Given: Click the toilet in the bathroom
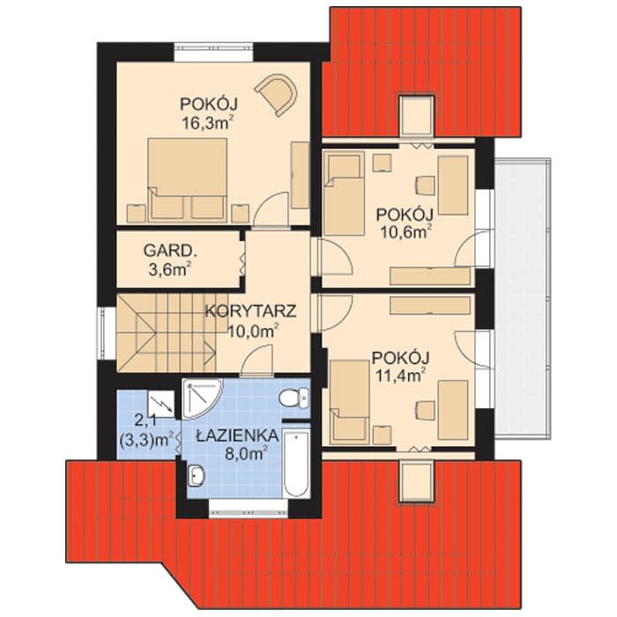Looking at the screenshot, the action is [x=294, y=397].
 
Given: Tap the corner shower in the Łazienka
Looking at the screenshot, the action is [x=202, y=398].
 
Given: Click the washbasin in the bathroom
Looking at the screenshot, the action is [x=197, y=475].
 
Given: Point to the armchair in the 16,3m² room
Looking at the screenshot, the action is [x=278, y=93].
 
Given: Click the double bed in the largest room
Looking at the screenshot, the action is [x=188, y=180].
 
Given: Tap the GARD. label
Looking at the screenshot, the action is [x=169, y=250].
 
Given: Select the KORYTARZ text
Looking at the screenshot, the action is [x=250, y=311].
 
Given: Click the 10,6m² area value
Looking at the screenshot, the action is [x=404, y=232].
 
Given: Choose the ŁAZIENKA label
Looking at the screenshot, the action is [x=238, y=435].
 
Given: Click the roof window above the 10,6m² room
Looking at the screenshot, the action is [x=416, y=115].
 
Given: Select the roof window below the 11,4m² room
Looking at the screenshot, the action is [x=417, y=481].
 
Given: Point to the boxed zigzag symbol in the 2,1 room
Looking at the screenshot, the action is [x=161, y=403].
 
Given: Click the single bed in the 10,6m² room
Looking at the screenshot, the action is [x=344, y=194].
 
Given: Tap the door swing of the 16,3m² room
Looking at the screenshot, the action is [x=271, y=210].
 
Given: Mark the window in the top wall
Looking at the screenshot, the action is [x=213, y=52].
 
